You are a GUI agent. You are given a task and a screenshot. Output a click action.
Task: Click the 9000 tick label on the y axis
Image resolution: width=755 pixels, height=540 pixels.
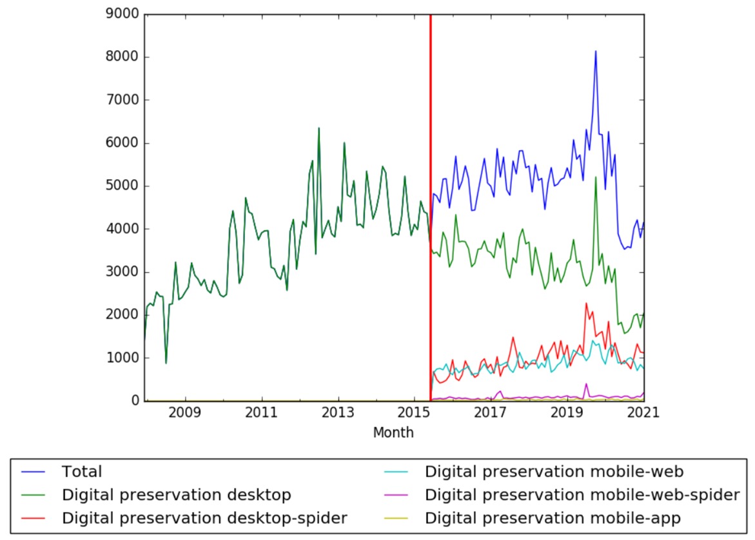click(125, 14)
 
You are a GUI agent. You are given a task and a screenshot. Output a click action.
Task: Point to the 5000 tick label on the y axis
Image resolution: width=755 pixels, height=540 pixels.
click(125, 186)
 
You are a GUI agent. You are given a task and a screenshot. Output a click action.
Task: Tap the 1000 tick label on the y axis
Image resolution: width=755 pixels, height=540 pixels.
click(125, 358)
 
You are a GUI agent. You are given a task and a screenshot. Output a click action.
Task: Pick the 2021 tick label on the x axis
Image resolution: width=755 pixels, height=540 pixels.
click(642, 412)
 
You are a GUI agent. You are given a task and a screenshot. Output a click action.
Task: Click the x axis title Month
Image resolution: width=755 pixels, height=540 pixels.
click(393, 433)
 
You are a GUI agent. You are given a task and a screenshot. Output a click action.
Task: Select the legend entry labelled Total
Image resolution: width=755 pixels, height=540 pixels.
click(82, 472)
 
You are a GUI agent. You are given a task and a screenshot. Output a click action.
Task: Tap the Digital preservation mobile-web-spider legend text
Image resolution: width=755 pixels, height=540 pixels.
click(582, 495)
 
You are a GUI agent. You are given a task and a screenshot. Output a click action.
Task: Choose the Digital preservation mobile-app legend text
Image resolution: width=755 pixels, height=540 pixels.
click(553, 517)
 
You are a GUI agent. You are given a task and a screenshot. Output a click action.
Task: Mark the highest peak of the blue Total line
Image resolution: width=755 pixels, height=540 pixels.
click(595, 51)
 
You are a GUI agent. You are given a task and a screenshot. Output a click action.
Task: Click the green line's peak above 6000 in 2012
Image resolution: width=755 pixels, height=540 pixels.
click(319, 128)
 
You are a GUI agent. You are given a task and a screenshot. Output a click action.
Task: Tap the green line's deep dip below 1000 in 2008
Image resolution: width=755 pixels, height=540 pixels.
click(166, 363)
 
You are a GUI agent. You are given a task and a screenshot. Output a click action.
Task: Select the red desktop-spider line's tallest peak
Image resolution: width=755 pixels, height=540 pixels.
click(586, 303)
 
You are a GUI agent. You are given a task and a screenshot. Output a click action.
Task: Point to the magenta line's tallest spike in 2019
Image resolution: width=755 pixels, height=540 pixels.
click(586, 383)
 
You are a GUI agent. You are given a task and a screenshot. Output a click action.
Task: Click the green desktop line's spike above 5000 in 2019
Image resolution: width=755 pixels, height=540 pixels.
click(595, 177)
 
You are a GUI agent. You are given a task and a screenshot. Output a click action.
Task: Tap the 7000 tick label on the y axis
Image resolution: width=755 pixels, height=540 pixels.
click(125, 100)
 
